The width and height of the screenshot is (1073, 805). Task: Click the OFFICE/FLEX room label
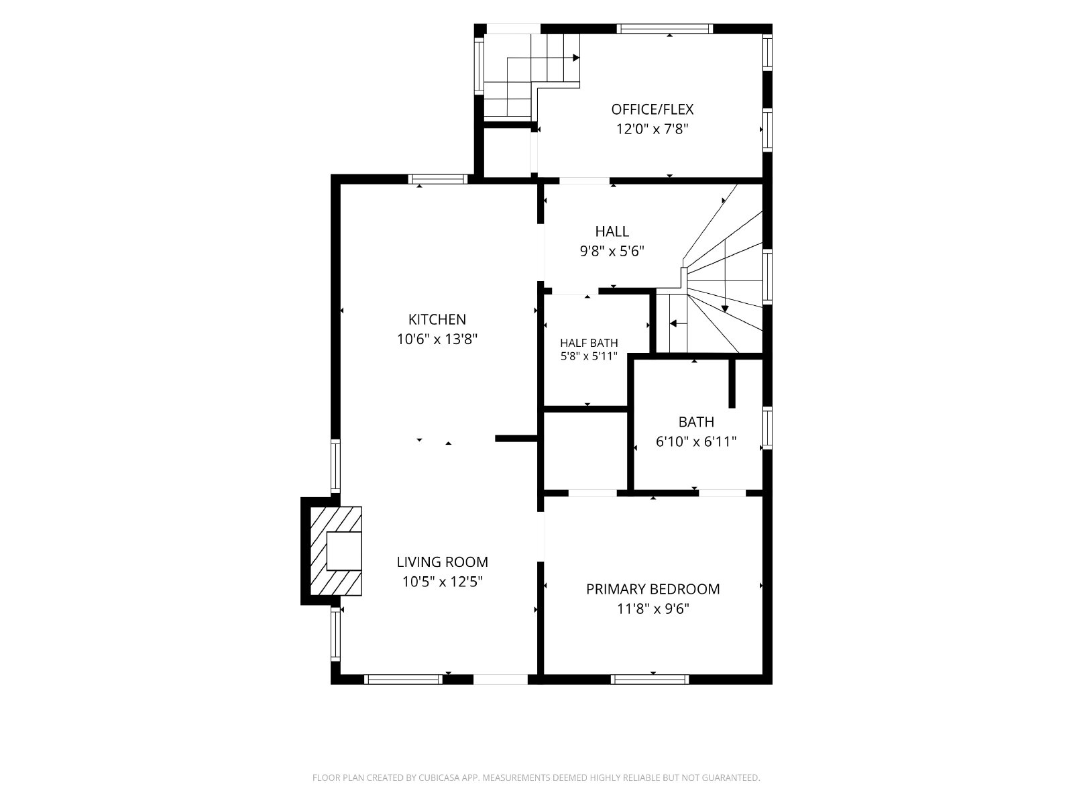pos(652,109)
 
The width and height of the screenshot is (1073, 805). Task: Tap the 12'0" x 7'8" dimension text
pos(652,129)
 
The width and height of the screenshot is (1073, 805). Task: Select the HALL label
pos(612,231)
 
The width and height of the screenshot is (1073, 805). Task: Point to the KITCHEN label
pos(437,319)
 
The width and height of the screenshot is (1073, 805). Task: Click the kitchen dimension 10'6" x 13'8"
pos(437,339)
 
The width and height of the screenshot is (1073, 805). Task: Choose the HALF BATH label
pos(589,343)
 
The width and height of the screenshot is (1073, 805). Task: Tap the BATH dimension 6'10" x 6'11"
pos(696,442)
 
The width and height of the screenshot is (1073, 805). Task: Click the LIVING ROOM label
pos(443,562)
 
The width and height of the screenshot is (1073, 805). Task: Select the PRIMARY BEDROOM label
pos(653,589)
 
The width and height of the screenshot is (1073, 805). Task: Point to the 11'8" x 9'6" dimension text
pos(653,609)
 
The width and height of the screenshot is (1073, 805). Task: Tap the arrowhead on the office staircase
pos(576,58)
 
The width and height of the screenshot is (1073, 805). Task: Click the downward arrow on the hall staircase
pos(725,309)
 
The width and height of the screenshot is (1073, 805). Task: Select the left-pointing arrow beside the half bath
pos(673,323)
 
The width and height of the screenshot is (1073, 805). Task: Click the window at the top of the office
pos(665,29)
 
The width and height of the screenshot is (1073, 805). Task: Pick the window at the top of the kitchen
pos(438,179)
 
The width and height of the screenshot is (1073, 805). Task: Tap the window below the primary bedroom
pos(650,680)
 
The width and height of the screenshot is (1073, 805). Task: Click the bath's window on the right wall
pos(767,428)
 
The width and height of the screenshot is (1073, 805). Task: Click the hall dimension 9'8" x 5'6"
pos(612,251)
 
